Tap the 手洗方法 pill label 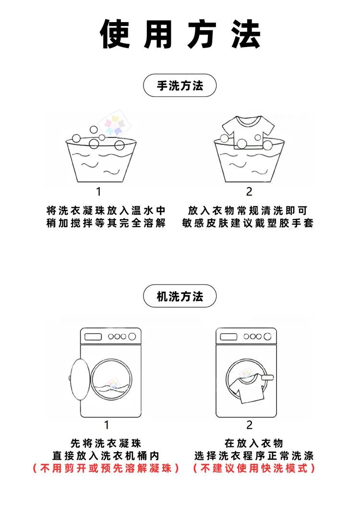pyautogui.click(x=180, y=86)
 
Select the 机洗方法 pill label pyautogui.click(x=180, y=296)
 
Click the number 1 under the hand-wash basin pyautogui.click(x=99, y=192)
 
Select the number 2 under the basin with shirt pyautogui.click(x=249, y=192)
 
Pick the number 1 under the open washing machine pyautogui.click(x=107, y=425)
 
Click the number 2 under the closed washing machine pyautogui.click(x=249, y=425)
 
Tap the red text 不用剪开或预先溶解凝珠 pyautogui.click(x=106, y=468)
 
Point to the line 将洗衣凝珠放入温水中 pyautogui.click(x=106, y=211)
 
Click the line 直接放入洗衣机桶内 pyautogui.click(x=106, y=455)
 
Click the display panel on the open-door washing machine pyautogui.click(x=93, y=336)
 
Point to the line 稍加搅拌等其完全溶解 pyautogui.click(x=106, y=223)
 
